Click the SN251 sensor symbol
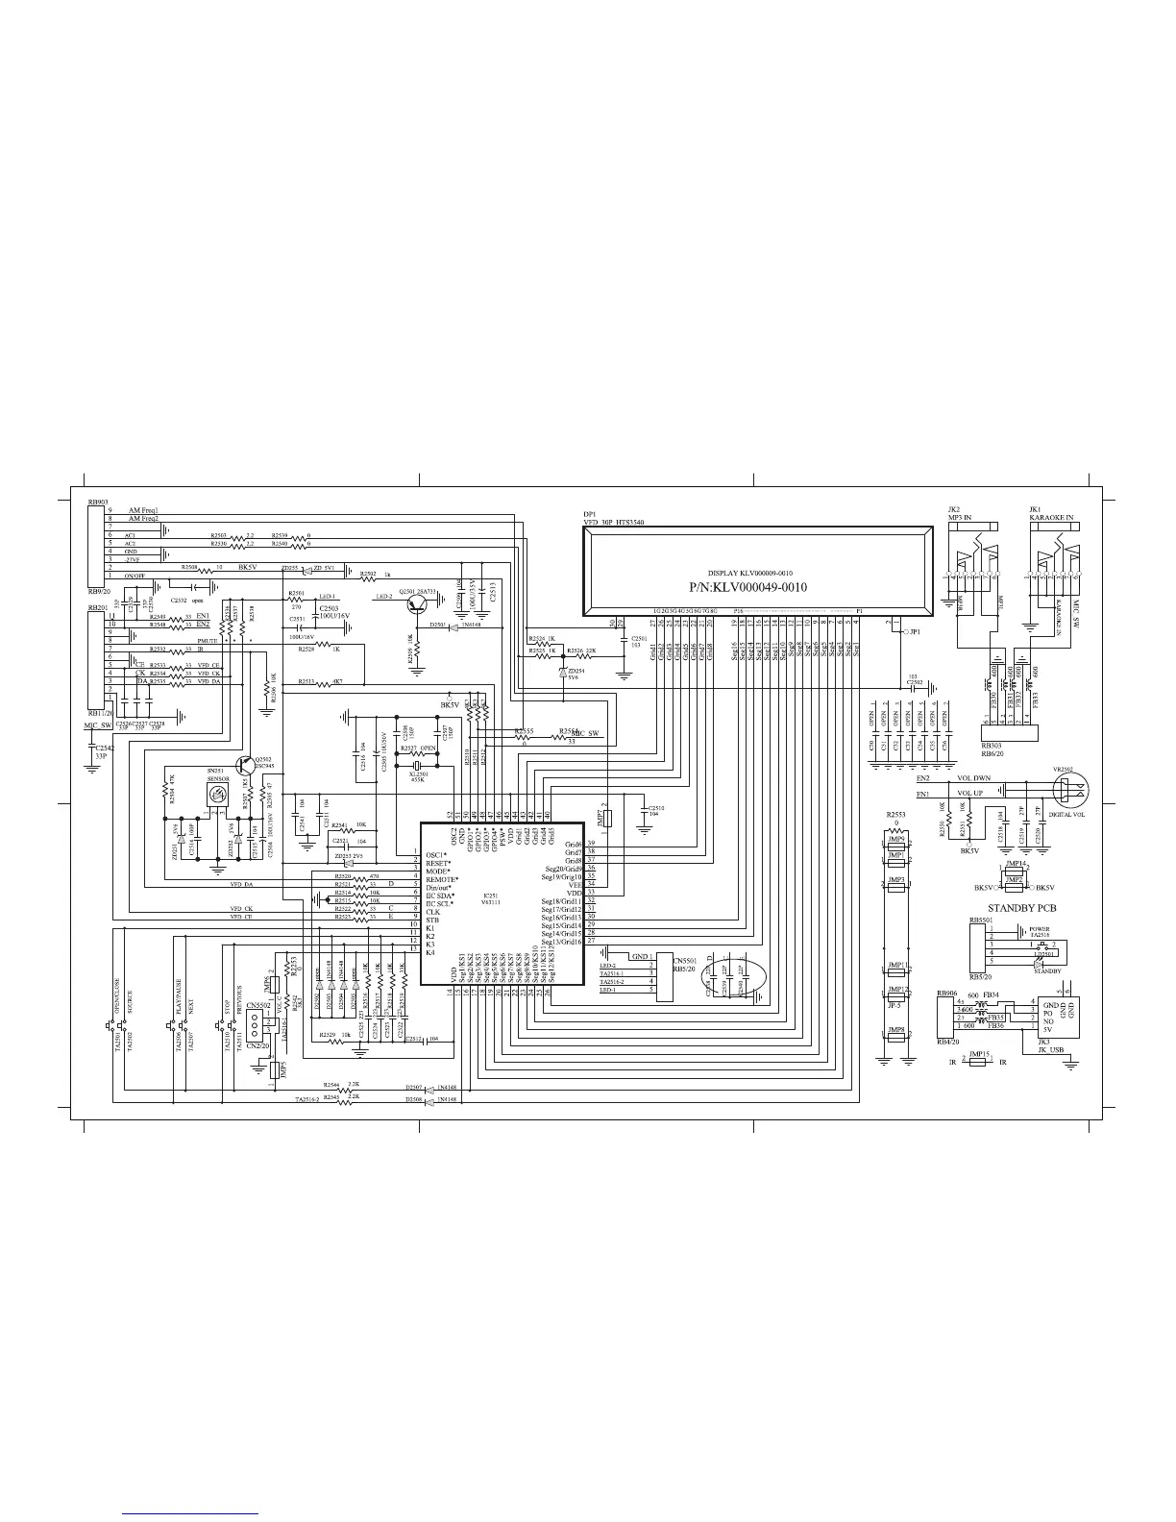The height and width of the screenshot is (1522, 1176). point(217,795)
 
